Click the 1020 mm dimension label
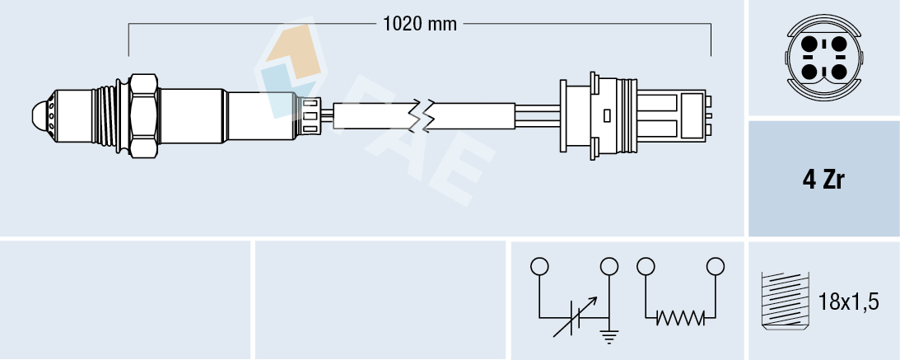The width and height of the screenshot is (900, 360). click(419, 24)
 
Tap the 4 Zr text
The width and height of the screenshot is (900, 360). click(824, 180)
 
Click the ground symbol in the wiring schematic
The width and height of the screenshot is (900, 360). click(610, 334)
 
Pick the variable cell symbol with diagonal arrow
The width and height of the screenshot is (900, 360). click(573, 318)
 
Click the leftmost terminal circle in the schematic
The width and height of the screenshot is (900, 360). click(539, 266)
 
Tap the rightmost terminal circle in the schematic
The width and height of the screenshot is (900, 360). click(716, 266)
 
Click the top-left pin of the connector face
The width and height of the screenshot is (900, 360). click(809, 44)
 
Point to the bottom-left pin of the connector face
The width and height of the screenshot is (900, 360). click(809, 71)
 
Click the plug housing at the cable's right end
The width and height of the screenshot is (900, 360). click(634, 115)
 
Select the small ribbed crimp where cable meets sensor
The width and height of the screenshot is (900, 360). click(310, 115)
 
